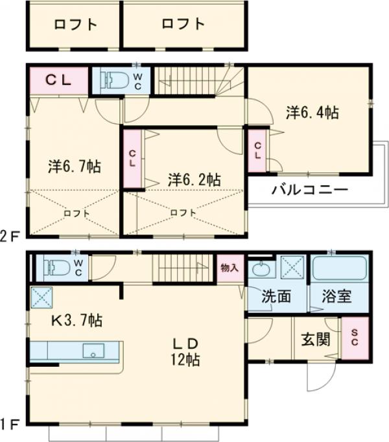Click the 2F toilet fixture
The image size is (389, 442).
(114, 80)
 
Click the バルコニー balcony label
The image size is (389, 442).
(310, 191)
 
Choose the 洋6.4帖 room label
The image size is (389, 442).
(312, 112)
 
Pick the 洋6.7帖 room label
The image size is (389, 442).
(73, 167)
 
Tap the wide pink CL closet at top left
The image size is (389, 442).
(58, 80)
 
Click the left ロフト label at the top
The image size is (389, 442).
(76, 25)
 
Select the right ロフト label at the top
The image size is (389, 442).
(183, 25)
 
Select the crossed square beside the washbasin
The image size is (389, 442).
(294, 268)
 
